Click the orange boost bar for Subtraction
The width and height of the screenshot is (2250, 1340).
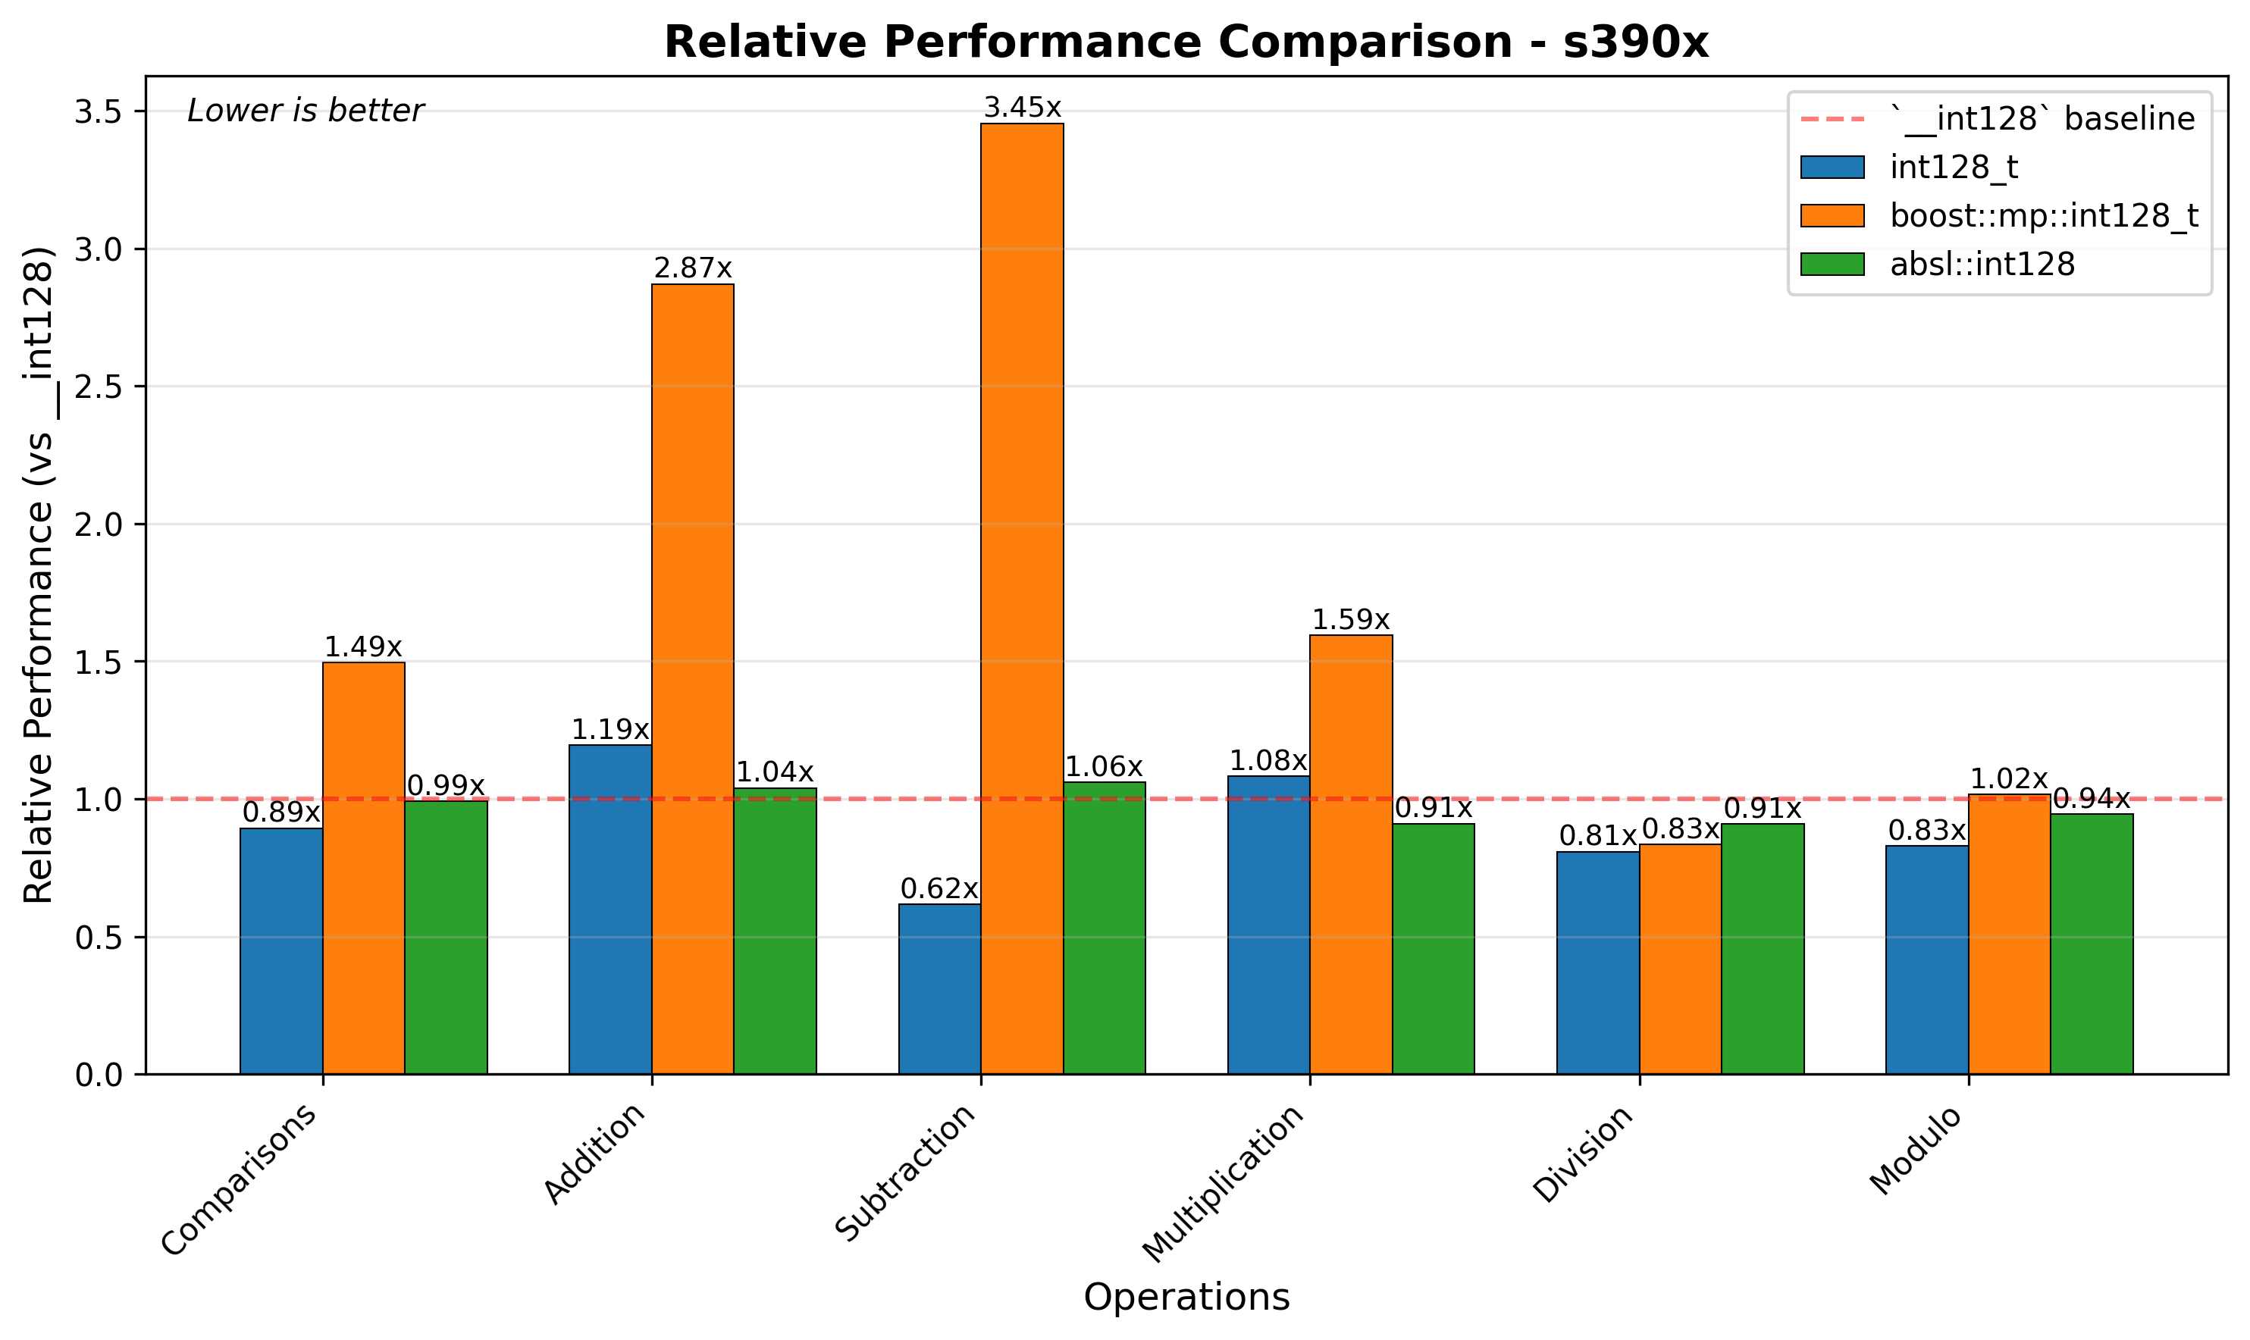(x=1022, y=599)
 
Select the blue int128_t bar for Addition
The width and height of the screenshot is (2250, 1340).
(x=610, y=910)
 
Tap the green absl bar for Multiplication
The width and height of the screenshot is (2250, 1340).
(x=1433, y=948)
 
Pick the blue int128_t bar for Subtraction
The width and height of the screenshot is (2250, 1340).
(x=940, y=989)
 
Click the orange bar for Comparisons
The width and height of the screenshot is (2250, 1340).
(x=364, y=868)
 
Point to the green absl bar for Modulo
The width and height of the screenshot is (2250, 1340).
(x=2092, y=944)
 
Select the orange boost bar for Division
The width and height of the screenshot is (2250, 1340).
(x=1680, y=959)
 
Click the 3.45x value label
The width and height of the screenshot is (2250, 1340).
(x=1022, y=108)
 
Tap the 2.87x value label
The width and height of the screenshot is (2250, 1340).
(x=693, y=268)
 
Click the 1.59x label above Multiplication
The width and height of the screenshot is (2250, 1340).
(x=1351, y=619)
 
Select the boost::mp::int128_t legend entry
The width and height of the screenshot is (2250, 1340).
(x=2044, y=216)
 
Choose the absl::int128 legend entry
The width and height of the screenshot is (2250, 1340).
(x=1982, y=264)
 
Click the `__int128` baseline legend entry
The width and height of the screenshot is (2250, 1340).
(x=2042, y=119)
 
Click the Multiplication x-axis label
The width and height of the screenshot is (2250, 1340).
(x=1224, y=1184)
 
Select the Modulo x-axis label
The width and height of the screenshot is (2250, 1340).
(x=1916, y=1151)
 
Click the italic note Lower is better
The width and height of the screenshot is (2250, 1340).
(x=306, y=111)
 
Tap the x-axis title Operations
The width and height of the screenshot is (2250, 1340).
(x=1186, y=1298)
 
